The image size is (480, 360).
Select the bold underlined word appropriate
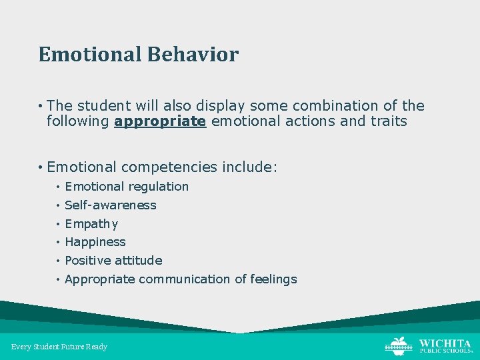coord(160,121)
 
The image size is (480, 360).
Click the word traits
coord(385,121)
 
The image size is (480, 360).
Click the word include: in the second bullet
coord(249,167)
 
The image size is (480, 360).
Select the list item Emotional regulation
coord(127,187)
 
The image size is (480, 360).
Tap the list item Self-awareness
coord(110,205)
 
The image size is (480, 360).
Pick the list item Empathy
coord(91,224)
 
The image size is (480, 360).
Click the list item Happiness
coord(95,242)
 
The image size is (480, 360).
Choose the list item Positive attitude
coord(113,260)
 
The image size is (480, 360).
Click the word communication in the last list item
coord(184,279)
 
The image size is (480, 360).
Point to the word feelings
coord(273,279)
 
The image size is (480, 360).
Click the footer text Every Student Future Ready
coord(59,347)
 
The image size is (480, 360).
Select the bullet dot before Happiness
coord(59,243)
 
